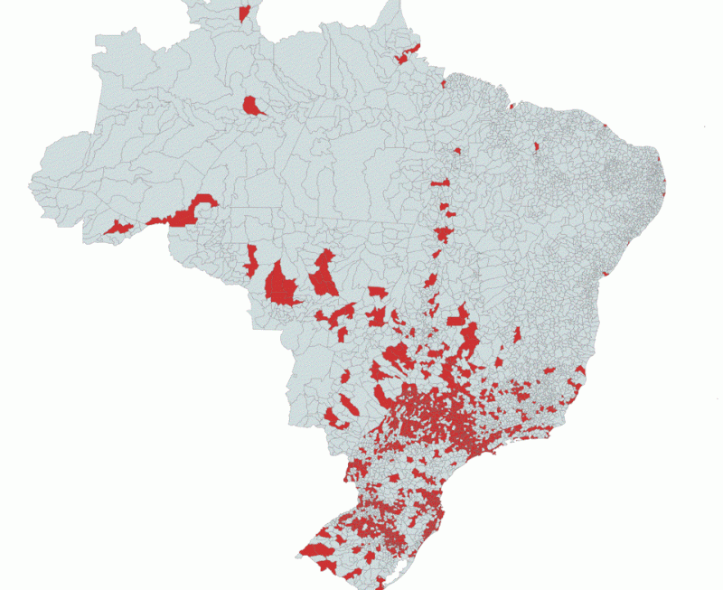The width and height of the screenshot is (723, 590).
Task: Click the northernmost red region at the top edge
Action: pos(245,12)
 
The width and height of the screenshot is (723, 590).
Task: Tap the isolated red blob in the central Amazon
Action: pos(254,106)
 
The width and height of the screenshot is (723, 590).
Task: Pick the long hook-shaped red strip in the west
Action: pos(188,213)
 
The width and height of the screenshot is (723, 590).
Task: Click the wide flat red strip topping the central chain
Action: pos(441,183)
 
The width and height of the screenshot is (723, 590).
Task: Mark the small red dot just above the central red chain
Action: pos(457,151)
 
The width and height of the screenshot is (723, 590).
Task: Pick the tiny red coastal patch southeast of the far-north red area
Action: pos(445,84)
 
